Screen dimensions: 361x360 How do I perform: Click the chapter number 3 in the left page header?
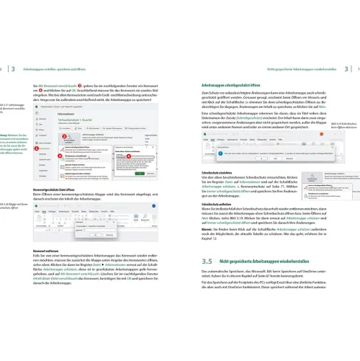(x=14, y=68)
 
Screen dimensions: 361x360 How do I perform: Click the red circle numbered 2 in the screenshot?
(x=63, y=135)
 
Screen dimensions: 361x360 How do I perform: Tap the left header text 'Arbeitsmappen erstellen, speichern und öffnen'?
(x=63, y=68)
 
